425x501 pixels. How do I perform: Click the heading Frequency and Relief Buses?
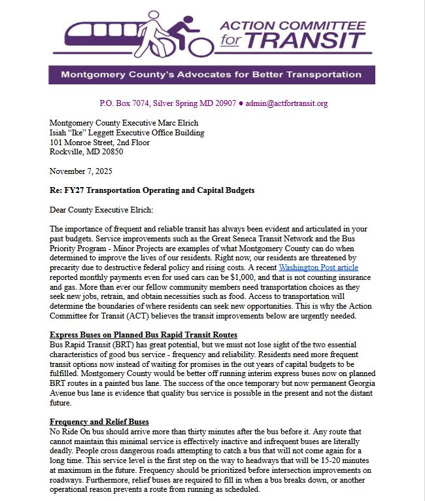[99, 422]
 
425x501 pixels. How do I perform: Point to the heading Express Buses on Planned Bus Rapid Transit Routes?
[139, 335]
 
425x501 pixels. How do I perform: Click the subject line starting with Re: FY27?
[152, 190]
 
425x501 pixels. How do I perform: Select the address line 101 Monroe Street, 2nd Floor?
[99, 142]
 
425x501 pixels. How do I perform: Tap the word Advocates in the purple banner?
[199, 75]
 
